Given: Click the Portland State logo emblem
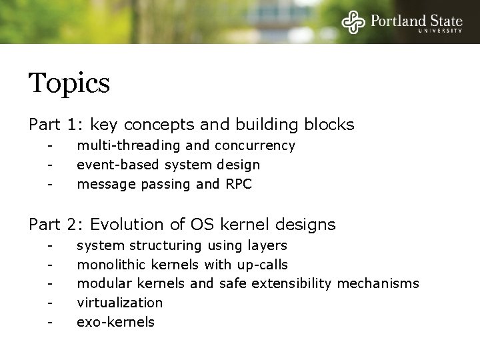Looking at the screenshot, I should (354, 22).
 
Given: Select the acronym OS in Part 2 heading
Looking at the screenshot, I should (198, 224).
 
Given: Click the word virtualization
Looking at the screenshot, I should (120, 303).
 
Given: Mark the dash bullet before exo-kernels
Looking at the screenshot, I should (49, 323).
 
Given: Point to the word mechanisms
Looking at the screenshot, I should (378, 284).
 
